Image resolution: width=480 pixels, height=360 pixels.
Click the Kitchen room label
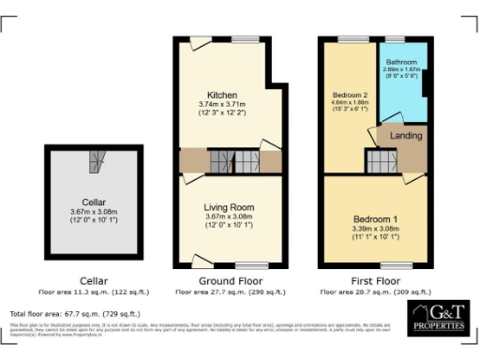(222, 95)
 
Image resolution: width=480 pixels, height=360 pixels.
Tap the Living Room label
(229, 207)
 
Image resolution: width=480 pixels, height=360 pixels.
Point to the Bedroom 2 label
(350, 95)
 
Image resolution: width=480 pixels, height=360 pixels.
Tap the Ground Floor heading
(229, 280)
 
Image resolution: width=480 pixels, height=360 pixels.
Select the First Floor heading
(377, 280)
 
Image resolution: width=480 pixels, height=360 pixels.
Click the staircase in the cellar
(96, 160)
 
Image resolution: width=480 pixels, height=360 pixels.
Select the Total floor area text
(75, 313)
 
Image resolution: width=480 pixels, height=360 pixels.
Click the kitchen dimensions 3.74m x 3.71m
(222, 104)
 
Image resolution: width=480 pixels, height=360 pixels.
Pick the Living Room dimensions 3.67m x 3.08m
(229, 217)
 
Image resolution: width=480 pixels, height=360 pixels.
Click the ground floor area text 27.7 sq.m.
(229, 292)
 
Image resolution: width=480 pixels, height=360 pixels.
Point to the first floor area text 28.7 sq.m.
(377, 292)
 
